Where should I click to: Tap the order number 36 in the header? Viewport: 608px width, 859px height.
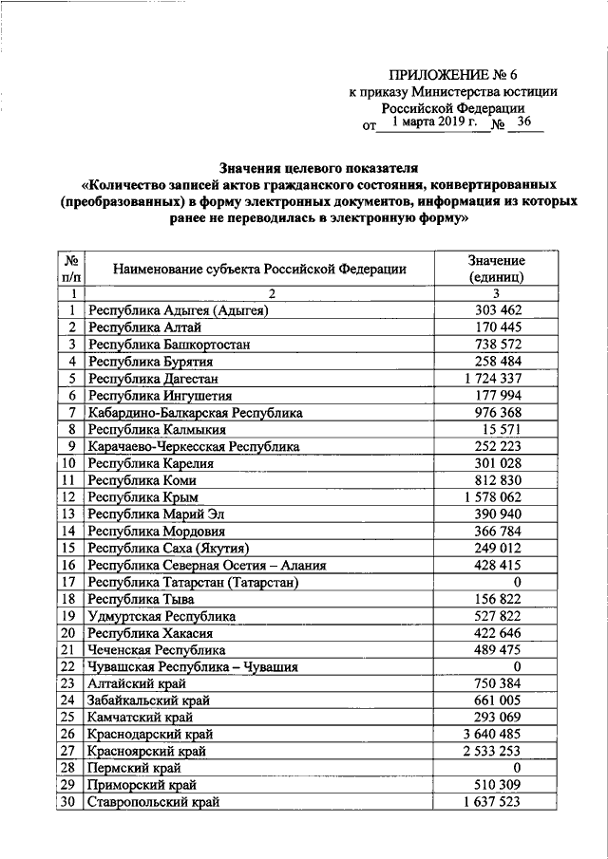pyautogui.click(x=524, y=122)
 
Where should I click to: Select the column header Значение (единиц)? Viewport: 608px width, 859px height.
pyautogui.click(x=496, y=270)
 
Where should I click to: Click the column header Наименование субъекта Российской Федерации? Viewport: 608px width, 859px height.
pyautogui.click(x=259, y=270)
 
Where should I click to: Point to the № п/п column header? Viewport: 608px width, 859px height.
pyautogui.click(x=70, y=270)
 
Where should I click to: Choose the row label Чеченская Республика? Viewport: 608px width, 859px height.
pyautogui.click(x=157, y=650)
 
